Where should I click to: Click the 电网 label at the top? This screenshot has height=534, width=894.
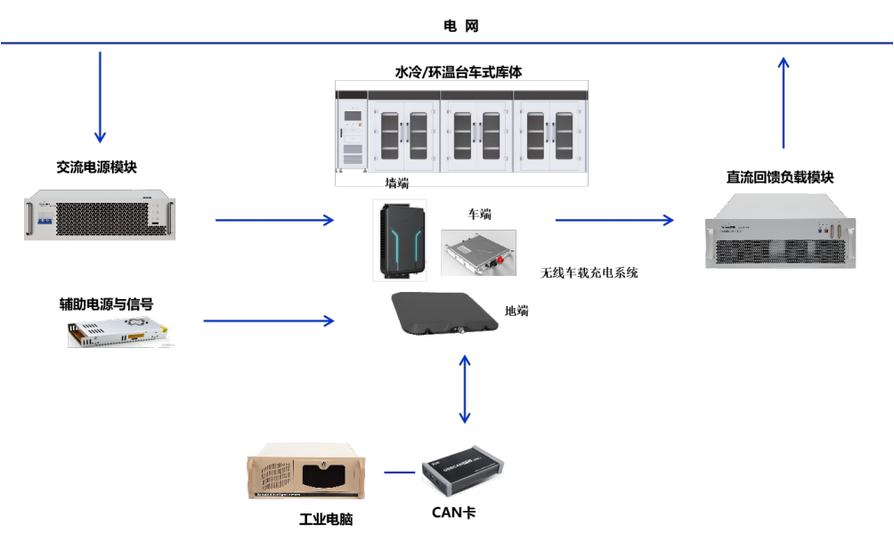pyautogui.click(x=461, y=26)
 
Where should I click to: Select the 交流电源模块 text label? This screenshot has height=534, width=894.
pyautogui.click(x=97, y=166)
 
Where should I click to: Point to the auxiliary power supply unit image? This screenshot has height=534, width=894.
pyautogui.click(x=117, y=334)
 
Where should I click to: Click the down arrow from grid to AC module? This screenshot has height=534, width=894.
pyautogui.click(x=100, y=97)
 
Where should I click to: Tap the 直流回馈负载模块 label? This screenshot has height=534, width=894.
pyautogui.click(x=780, y=177)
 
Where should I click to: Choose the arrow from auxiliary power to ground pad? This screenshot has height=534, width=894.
pyautogui.click(x=269, y=320)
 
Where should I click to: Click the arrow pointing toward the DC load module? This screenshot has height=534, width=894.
pyautogui.click(x=614, y=219)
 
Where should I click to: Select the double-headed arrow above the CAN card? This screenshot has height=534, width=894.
pyautogui.click(x=464, y=388)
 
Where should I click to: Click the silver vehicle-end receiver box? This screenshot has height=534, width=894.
pyautogui.click(x=478, y=252)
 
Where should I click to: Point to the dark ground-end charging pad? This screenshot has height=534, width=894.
pyautogui.click(x=443, y=314)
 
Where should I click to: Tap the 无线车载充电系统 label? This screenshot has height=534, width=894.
pyautogui.click(x=589, y=272)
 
